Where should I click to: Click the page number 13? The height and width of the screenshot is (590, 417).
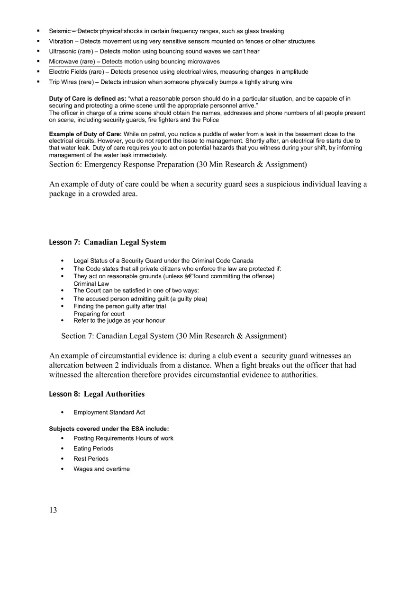[53, 510]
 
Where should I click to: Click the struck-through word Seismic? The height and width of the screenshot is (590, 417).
[59, 31]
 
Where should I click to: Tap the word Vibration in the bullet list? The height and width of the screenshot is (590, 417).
[61, 42]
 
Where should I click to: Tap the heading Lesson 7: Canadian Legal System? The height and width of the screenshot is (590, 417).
[108, 242]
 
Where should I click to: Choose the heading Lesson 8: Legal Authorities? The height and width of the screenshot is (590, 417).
[97, 394]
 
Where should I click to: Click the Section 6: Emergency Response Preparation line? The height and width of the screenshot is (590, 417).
[178, 165]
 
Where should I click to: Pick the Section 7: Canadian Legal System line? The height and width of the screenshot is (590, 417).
[174, 336]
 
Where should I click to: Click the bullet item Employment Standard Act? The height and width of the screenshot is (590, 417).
[109, 413]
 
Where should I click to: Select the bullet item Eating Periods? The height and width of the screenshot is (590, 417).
[93, 449]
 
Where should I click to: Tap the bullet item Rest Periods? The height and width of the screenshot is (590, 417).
[91, 459]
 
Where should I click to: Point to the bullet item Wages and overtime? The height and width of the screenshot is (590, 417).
[101, 469]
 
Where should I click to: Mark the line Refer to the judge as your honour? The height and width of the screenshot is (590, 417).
[119, 321]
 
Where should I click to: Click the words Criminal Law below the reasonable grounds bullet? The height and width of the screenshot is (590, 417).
[91, 284]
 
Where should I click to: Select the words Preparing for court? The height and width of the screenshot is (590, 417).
[99, 314]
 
